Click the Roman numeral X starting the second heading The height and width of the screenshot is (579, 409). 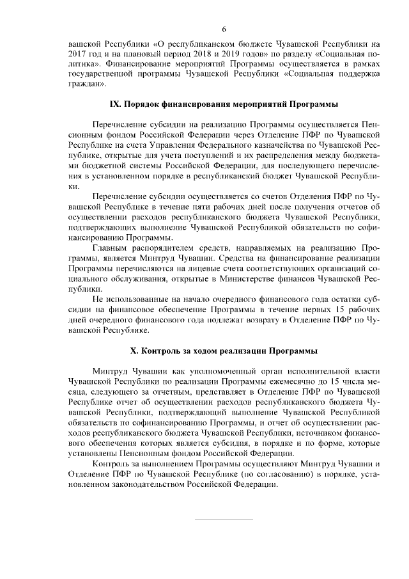pyautogui.click(x=134, y=351)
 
